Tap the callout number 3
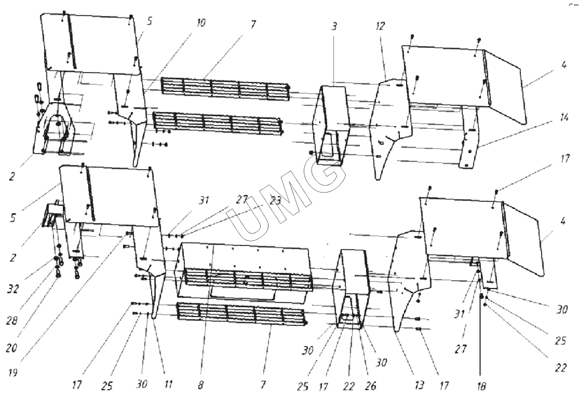coord(335,27)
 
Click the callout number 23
coord(275,201)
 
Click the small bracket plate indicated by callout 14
coord(470,145)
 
